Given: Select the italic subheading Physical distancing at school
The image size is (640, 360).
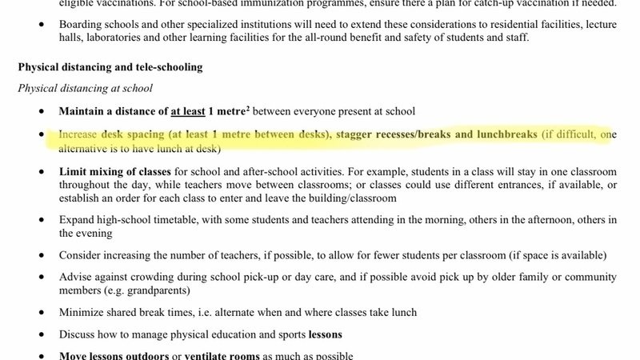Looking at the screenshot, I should coord(85,88).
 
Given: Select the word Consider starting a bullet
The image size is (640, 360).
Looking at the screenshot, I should coord(82,256).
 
